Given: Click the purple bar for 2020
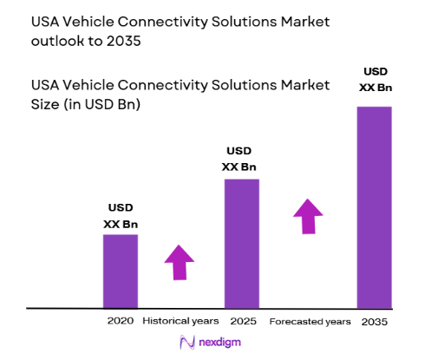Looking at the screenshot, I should [121, 271].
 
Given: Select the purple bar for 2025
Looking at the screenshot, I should [243, 243].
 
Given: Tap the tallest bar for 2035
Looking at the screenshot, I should [374, 206].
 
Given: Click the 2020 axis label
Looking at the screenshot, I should [121, 321].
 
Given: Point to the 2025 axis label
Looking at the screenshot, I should [243, 321].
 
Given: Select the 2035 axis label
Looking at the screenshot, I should [375, 321].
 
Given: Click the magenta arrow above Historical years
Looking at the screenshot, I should [180, 262].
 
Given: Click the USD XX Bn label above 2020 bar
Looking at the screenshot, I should [121, 216].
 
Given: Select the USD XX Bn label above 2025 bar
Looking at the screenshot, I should [243, 159].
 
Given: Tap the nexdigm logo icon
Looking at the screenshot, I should [185, 343].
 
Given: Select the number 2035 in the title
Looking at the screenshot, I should [123, 39].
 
